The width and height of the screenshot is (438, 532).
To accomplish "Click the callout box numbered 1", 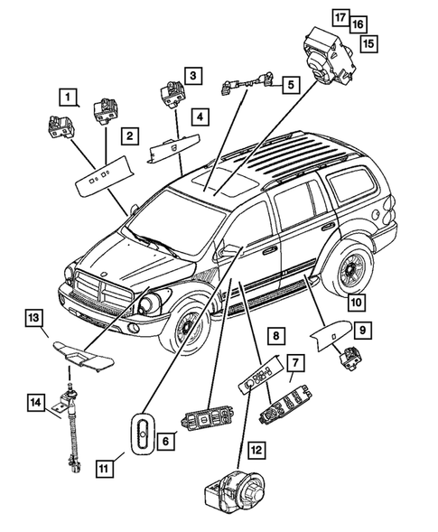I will (x=70, y=94).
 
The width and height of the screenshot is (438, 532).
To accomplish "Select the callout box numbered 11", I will (x=106, y=469).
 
